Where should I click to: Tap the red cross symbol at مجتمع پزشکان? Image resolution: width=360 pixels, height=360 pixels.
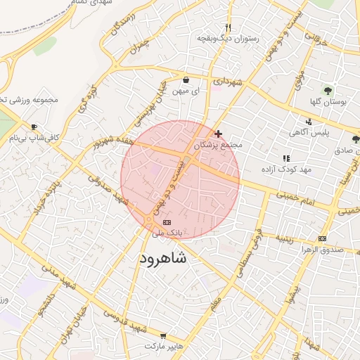click(x=219, y=134)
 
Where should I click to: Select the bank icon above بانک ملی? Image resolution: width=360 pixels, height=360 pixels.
click(x=167, y=222)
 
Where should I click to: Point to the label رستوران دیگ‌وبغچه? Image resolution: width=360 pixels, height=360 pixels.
click(x=228, y=38)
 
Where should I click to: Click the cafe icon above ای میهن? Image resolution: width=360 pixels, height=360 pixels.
click(x=186, y=80)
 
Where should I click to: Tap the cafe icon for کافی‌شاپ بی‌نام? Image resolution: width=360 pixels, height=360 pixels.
click(x=34, y=127)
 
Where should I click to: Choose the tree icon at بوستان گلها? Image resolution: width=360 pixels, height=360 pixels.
click(x=328, y=90)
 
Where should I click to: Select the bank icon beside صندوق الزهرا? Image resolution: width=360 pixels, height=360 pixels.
click(x=323, y=238)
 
